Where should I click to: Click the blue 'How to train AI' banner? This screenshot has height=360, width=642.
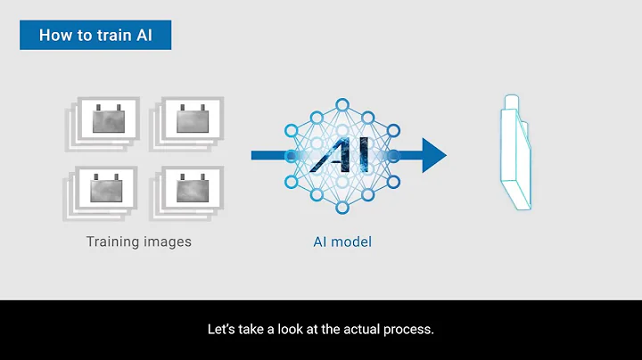pyautogui.click(x=95, y=36)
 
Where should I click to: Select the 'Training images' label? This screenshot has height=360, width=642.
pyautogui.click(x=138, y=241)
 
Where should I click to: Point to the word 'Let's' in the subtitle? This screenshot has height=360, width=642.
pyautogui.click(x=221, y=330)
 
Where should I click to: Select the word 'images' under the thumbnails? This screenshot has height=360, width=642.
pyautogui.click(x=169, y=241)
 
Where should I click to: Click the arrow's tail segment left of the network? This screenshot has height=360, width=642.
pyautogui.click(x=267, y=155)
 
